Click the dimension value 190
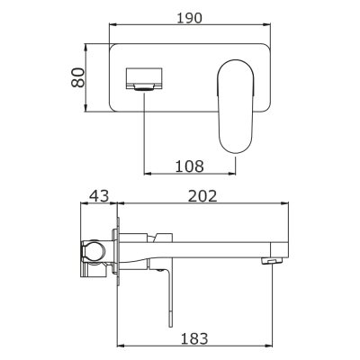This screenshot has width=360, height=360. pos(189,17)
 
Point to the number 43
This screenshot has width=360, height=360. pos(98,195)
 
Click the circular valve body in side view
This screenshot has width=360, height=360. pos(94,255)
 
